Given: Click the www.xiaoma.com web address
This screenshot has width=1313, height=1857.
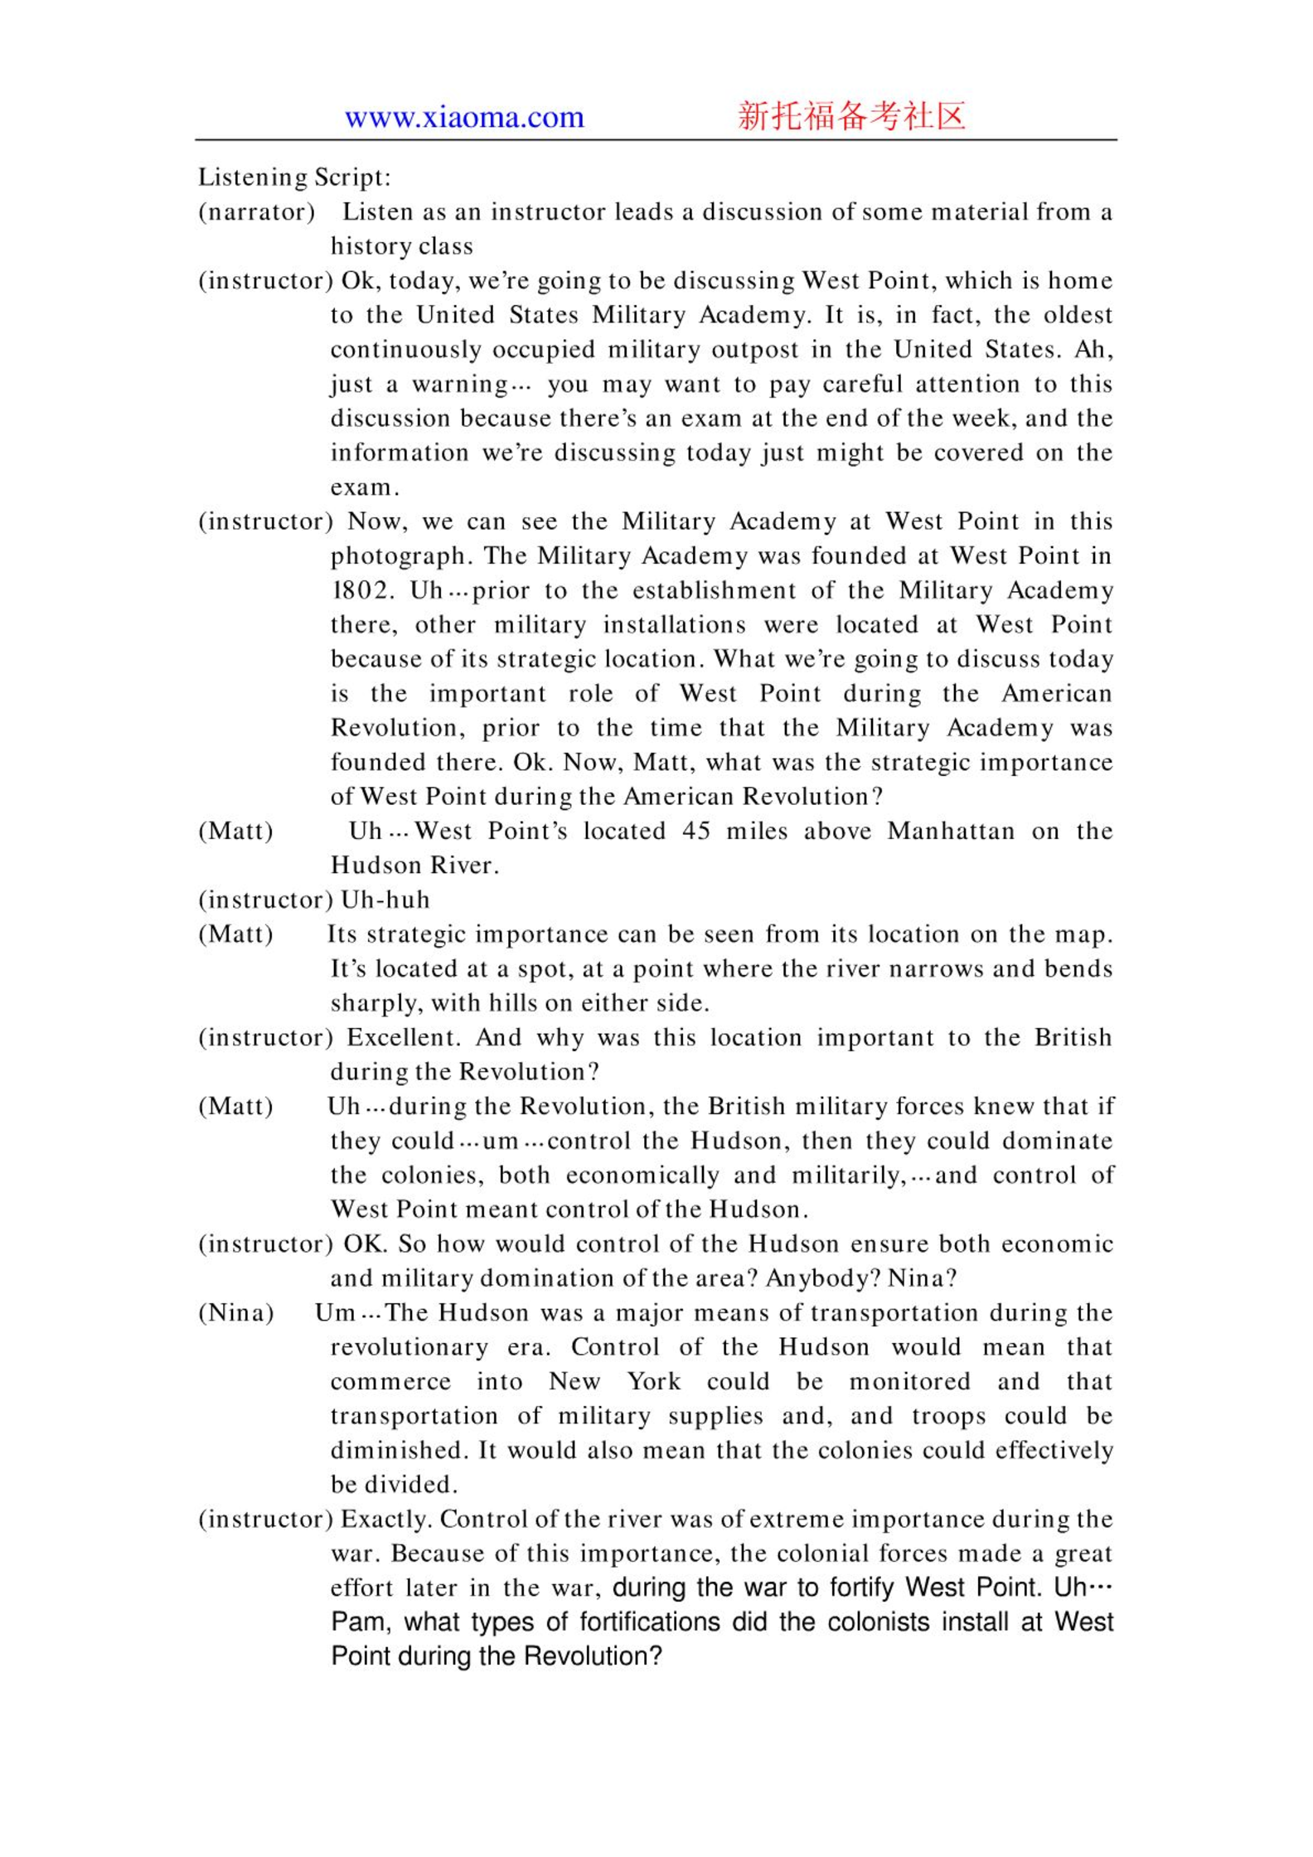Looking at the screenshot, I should point(464,118).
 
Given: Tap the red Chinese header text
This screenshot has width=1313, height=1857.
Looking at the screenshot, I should point(851,116).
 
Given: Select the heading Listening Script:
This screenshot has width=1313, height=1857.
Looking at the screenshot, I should point(294,177).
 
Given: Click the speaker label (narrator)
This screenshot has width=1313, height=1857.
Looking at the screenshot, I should point(257,212).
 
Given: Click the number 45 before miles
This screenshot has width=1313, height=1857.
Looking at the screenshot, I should point(696,831).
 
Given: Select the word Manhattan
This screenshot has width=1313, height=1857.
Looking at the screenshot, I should point(951,831).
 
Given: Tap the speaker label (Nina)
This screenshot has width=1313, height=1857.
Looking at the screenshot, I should point(236,1313).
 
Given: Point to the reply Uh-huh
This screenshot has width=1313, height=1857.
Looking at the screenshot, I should point(385,900).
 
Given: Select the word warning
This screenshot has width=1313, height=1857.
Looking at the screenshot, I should point(461,385).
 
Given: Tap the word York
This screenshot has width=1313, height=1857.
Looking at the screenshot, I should point(653,1382).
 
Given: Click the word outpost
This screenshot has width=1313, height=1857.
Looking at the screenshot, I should point(755,350).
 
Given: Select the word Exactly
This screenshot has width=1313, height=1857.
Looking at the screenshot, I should point(385,1520).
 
